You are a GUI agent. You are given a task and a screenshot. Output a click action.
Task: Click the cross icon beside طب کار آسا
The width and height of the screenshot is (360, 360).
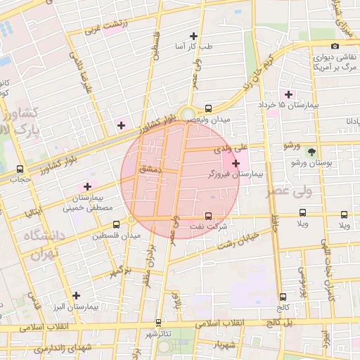(x=193, y=36)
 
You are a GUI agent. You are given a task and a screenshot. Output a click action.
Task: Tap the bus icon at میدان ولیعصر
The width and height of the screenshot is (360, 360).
(x=208, y=108)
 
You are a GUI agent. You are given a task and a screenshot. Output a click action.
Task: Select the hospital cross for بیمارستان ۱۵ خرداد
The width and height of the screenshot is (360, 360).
(x=288, y=94)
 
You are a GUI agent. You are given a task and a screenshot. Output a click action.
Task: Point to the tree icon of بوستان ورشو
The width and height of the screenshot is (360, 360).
(x=311, y=152)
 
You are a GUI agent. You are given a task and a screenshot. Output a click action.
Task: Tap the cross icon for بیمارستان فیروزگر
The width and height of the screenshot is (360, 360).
(x=236, y=163)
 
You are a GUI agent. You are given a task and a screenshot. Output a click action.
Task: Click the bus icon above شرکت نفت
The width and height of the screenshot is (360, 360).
(x=208, y=216)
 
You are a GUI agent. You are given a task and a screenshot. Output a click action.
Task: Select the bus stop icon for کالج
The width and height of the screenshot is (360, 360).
(x=283, y=297)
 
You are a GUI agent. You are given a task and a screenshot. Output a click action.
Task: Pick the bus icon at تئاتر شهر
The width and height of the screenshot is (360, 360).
(x=158, y=323)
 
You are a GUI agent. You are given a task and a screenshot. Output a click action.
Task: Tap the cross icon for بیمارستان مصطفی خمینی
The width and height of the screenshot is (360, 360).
(x=87, y=186)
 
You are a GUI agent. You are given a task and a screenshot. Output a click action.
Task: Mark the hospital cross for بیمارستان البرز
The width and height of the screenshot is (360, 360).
(x=76, y=296)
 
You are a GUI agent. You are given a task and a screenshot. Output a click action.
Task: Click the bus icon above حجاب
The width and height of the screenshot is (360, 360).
(x=20, y=169)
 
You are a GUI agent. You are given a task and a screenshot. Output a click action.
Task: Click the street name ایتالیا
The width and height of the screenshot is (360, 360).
(x=37, y=208)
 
